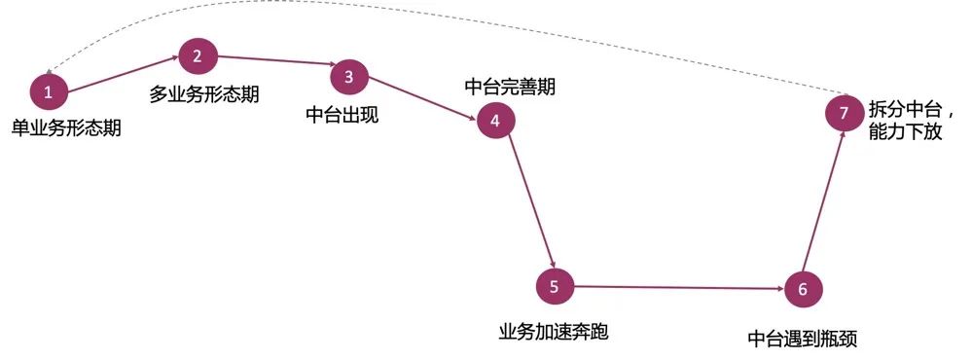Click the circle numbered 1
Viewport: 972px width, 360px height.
48,92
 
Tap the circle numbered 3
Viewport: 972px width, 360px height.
348,77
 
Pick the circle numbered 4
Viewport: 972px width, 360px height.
495,122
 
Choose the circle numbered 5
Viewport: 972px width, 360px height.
555,286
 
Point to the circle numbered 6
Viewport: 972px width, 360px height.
803,289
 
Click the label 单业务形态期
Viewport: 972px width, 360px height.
66,127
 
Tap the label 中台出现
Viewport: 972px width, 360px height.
342,114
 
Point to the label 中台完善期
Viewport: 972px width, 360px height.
510,87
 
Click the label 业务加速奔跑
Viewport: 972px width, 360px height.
553,332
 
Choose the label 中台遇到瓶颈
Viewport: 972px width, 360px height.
803,339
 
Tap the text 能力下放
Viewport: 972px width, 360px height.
905,132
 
